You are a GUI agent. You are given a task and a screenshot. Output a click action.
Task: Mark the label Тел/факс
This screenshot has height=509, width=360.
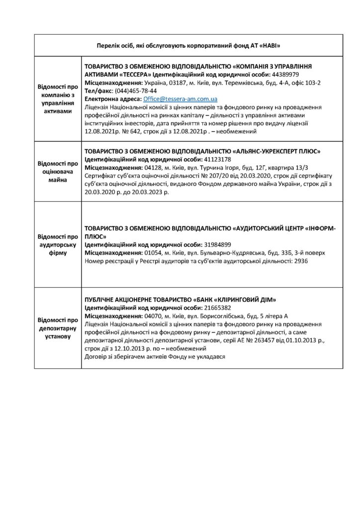click(98, 91)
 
